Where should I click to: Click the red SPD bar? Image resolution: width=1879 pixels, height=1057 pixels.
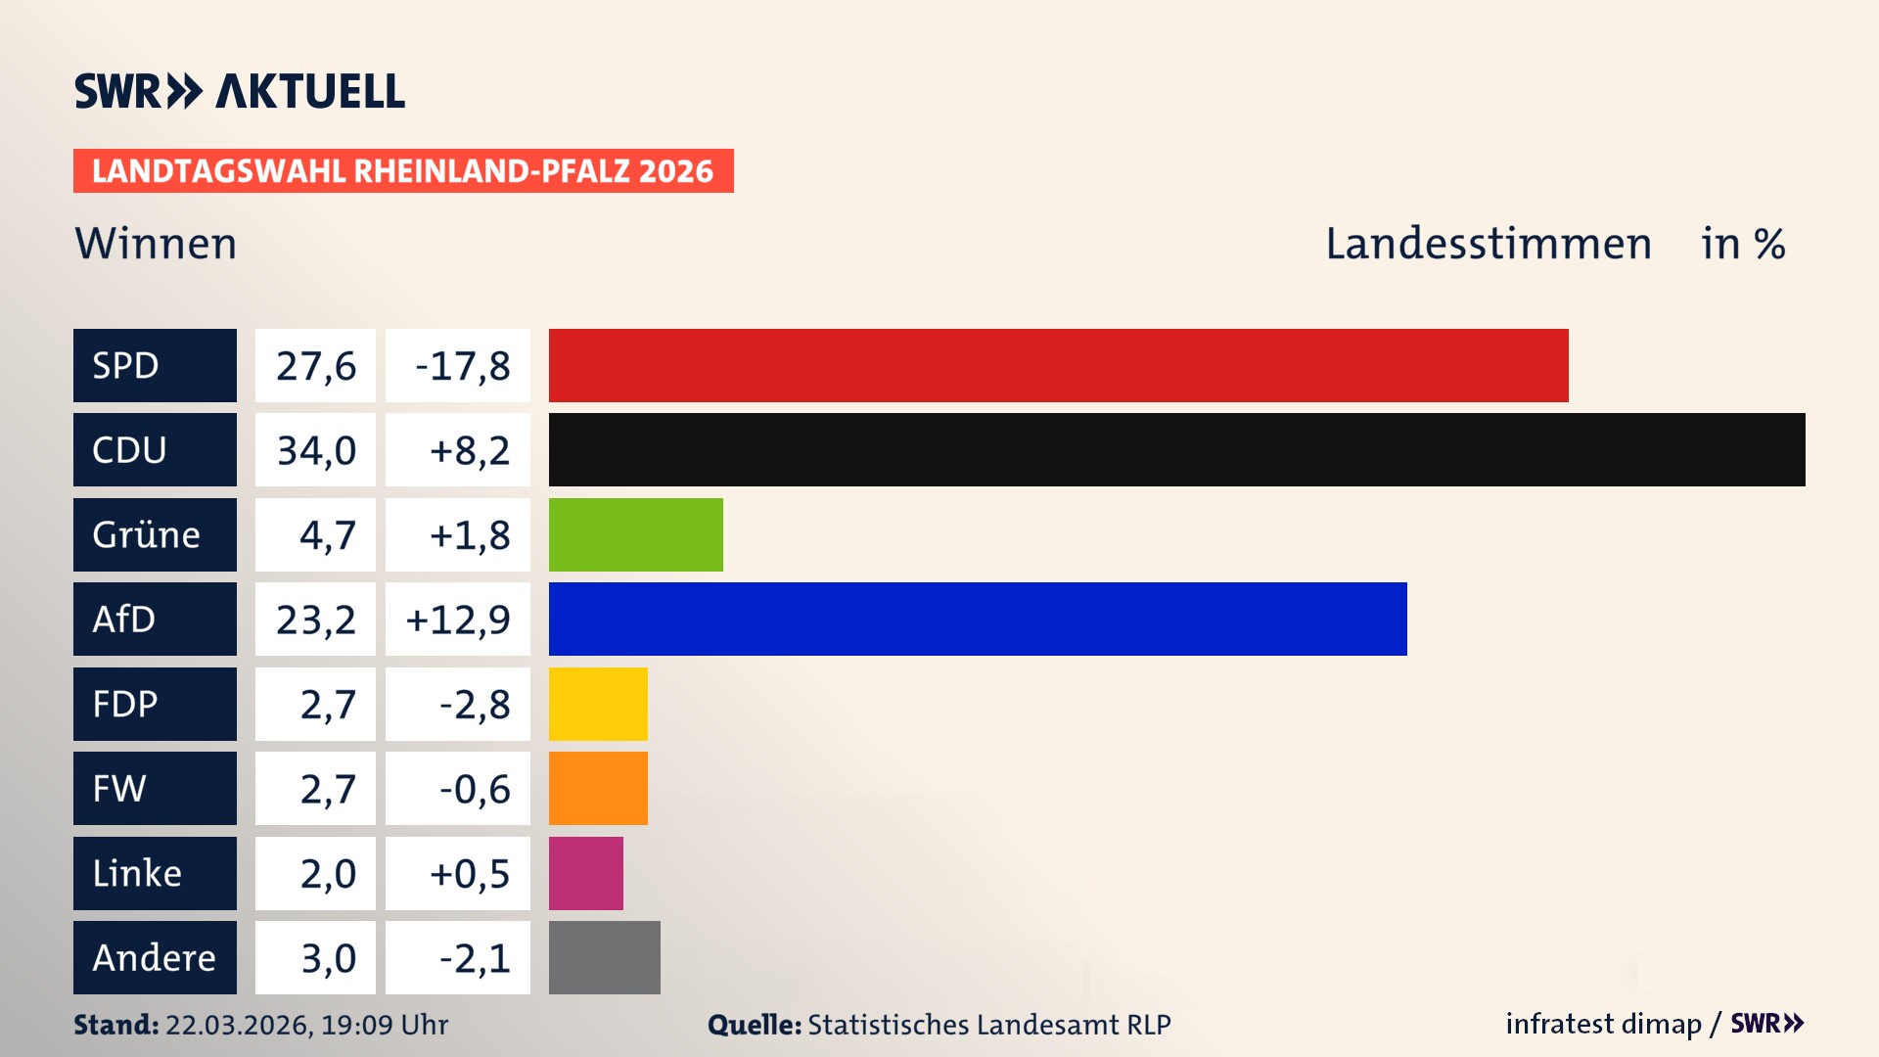(x=1058, y=365)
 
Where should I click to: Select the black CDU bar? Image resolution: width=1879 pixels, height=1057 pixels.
(x=1176, y=449)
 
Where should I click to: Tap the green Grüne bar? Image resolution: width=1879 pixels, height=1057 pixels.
(x=635, y=534)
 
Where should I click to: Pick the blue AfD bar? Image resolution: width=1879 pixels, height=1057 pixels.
(x=978, y=619)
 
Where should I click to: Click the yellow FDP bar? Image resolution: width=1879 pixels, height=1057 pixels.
(x=598, y=704)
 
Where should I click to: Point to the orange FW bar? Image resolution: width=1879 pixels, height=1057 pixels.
(x=598, y=788)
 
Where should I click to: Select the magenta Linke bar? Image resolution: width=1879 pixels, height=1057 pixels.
(x=585, y=873)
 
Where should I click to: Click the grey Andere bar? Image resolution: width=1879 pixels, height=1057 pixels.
(x=604, y=957)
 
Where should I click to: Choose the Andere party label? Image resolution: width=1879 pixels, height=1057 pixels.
(x=155, y=957)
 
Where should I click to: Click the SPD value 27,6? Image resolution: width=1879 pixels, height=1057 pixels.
(x=315, y=366)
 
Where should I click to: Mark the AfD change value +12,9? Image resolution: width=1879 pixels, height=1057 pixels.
(x=457, y=620)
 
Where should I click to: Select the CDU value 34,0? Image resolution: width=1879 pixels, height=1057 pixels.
(x=315, y=450)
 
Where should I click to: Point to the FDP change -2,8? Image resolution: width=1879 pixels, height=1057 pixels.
(x=474, y=705)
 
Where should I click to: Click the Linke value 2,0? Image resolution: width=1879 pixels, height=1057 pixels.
(x=327, y=874)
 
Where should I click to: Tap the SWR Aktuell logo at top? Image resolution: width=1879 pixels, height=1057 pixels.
(x=239, y=91)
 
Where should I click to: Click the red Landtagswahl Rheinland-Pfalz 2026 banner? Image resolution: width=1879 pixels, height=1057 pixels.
(x=402, y=170)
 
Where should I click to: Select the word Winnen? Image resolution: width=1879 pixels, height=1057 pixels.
(x=156, y=244)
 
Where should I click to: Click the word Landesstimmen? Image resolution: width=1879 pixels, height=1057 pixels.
(x=1488, y=244)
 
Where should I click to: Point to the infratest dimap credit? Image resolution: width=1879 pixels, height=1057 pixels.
(x=1602, y=1024)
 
